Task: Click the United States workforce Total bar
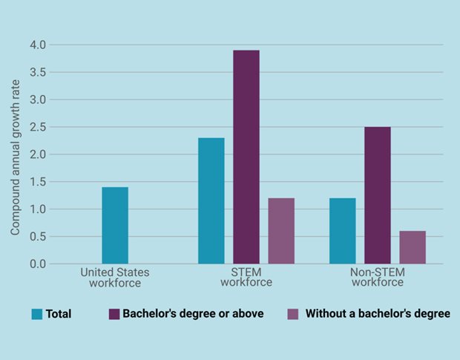tap(115, 226)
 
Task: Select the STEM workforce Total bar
tap(211, 201)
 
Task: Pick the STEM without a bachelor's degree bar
tap(281, 231)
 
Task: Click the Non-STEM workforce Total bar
tap(342, 231)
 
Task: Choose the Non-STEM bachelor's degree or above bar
tap(377, 195)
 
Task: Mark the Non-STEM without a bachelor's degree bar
tap(413, 247)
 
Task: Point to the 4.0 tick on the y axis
tap(37, 45)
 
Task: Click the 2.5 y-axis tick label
tap(37, 127)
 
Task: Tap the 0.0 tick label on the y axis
tap(37, 264)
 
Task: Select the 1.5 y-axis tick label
tap(37, 182)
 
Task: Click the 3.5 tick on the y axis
tap(37, 72)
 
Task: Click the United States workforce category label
tap(115, 278)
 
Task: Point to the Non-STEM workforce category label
tap(377, 278)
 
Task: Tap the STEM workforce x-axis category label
tap(246, 278)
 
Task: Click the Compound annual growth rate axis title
tap(15, 154)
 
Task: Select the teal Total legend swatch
tap(37, 314)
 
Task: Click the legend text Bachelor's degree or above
tap(194, 314)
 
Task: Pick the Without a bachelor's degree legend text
tap(378, 314)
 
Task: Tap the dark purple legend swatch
tap(114, 314)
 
